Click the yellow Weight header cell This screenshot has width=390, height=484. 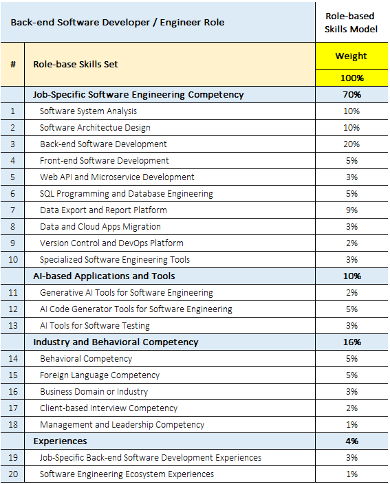pos(351,56)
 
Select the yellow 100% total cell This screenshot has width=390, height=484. pos(351,78)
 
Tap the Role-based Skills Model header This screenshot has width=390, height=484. pos(351,23)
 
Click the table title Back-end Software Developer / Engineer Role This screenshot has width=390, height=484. pos(118,23)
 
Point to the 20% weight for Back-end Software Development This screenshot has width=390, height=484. pos(351,144)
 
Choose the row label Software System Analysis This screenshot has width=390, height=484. pos(88,111)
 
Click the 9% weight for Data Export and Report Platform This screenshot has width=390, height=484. pos(351,210)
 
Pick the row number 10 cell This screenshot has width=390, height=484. pos(12,260)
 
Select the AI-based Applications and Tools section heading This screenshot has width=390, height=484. pos(104,276)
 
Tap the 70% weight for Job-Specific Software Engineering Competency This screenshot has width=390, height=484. pos(351,94)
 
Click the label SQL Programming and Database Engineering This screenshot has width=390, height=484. pos(127,194)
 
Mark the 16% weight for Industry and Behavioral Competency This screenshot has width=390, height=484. pos(351,342)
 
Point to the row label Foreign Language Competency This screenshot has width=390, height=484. pos(100,375)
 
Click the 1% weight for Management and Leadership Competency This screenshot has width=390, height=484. pos(351,425)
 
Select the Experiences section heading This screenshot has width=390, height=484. pos(60,441)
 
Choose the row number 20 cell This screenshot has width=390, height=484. pos(12,474)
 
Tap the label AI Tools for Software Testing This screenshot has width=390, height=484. pos(95,326)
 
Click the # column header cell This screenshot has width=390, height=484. pos(12,64)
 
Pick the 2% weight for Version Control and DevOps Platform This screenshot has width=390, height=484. pos(351,243)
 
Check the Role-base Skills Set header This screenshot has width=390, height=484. pos(76,64)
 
